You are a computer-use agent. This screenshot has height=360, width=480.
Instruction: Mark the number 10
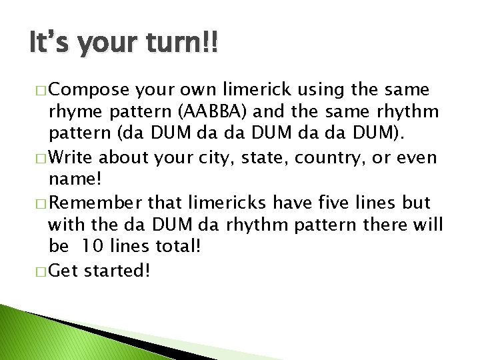(93, 246)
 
